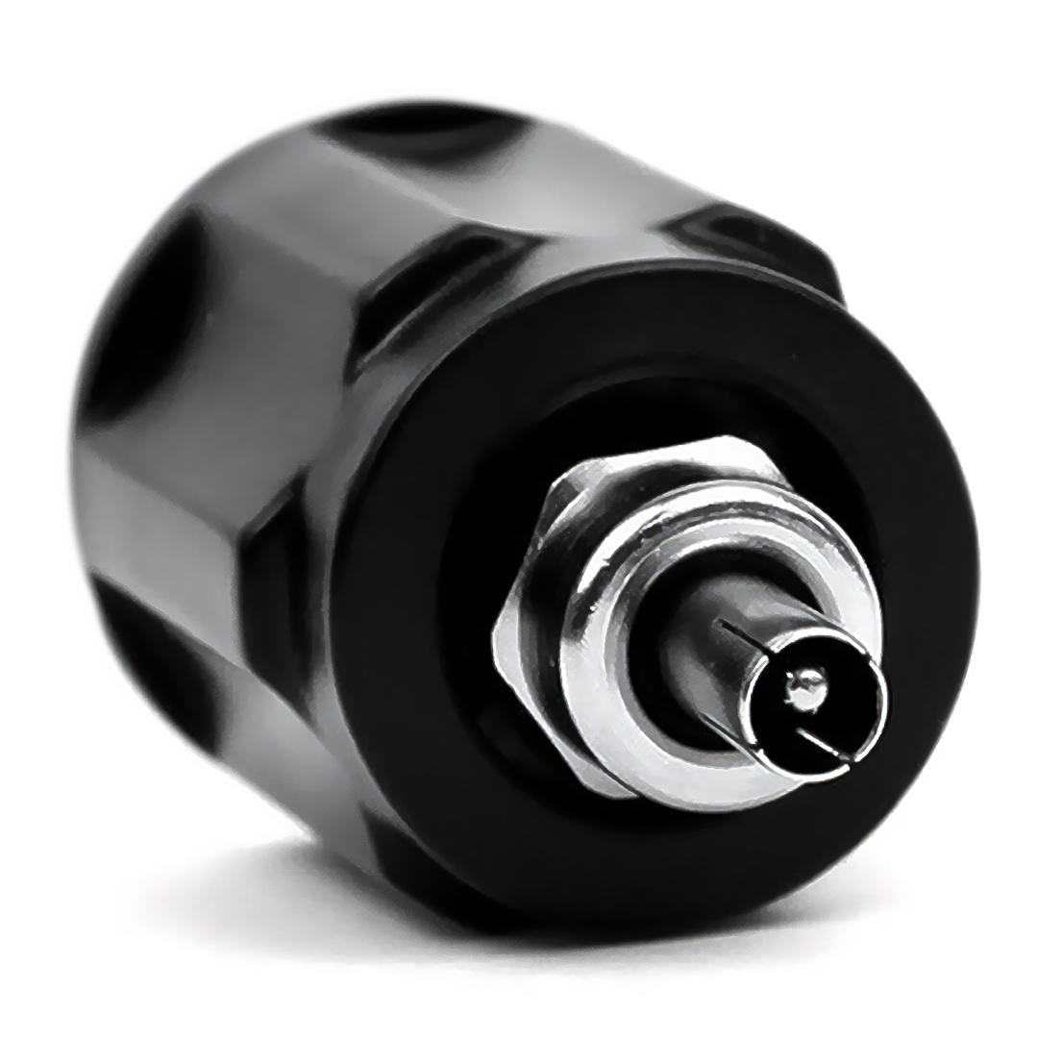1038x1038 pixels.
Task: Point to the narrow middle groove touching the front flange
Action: click(404, 288)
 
